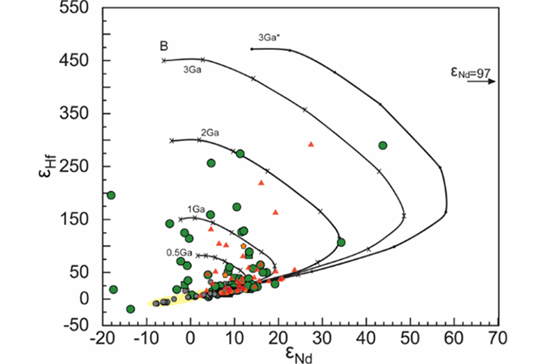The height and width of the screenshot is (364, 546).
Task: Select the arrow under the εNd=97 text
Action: click(481, 83)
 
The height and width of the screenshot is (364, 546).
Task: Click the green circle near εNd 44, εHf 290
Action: click(383, 146)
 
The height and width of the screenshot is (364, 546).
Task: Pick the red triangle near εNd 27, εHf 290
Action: click(310, 143)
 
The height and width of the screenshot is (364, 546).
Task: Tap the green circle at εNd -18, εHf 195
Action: click(111, 196)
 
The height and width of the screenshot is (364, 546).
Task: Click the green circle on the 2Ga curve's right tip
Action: click(341, 243)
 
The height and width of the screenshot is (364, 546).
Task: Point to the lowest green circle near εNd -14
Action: click(130, 309)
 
